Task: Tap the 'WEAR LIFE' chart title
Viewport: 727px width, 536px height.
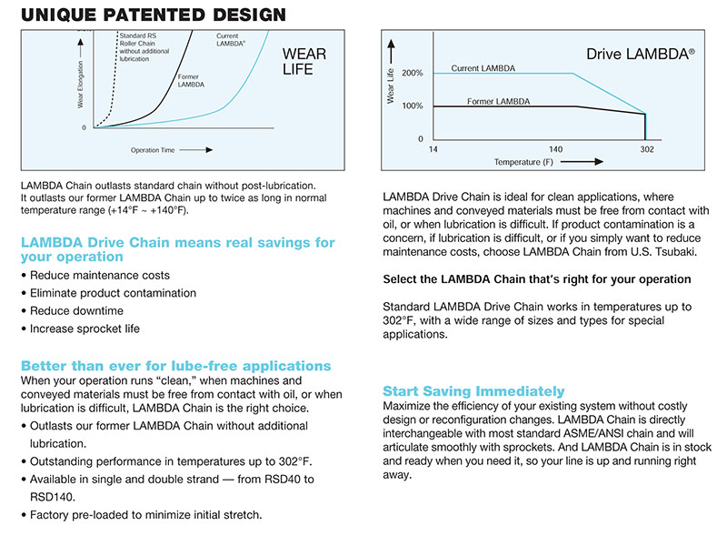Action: click(304, 62)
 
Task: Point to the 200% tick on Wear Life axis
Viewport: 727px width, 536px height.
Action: click(412, 73)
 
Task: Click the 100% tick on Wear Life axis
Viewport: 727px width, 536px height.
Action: click(412, 106)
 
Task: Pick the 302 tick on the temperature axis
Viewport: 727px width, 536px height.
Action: click(647, 148)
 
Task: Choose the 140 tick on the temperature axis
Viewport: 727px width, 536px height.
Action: click(554, 148)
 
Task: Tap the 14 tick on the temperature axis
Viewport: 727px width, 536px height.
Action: click(433, 148)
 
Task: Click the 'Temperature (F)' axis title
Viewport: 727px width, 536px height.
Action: click(523, 162)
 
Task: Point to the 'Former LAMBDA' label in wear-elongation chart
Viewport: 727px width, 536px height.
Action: click(190, 81)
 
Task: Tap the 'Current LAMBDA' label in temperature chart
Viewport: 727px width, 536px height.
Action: click(482, 68)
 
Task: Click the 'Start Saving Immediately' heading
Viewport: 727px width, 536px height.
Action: click(473, 391)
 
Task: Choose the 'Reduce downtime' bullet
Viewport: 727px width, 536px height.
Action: click(78, 311)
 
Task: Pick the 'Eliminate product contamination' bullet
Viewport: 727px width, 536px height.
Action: click(113, 293)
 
